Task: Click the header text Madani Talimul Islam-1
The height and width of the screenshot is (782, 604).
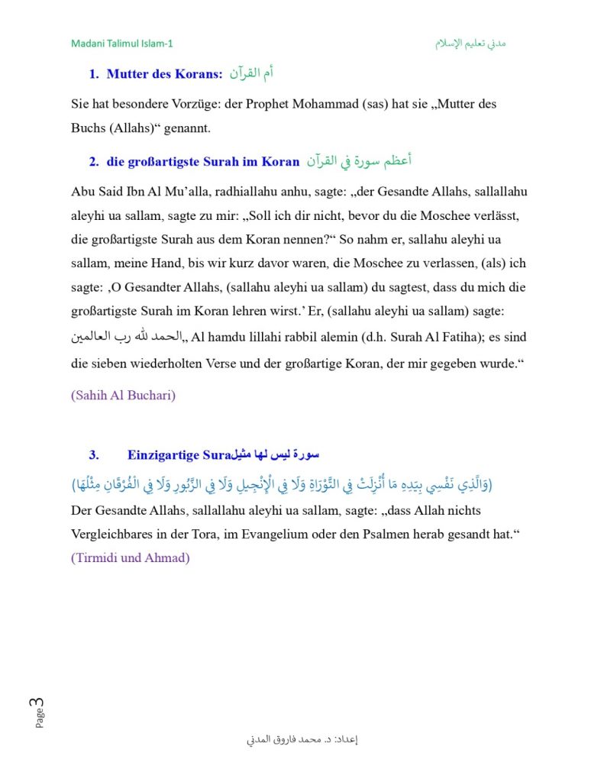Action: tap(121, 44)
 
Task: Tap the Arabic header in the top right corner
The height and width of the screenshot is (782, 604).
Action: tap(470, 44)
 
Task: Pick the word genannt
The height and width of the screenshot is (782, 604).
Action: tap(185, 128)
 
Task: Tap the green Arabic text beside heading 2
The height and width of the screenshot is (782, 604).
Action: tap(359, 161)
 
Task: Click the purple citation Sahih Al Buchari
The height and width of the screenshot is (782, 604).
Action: tap(123, 396)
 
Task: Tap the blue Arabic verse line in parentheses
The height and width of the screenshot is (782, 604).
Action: tap(282, 484)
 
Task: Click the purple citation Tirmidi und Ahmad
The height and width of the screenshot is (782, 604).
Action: tap(130, 557)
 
